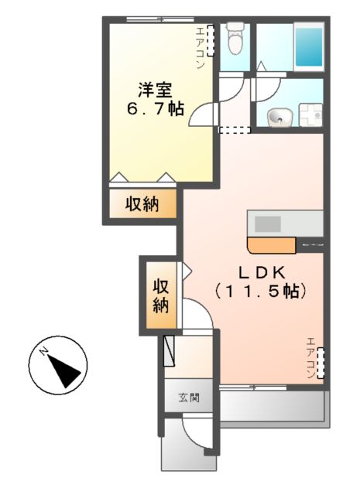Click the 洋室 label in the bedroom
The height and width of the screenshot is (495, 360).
156,89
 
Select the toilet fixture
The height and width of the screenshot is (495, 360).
235,39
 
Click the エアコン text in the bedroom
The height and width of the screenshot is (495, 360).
200,49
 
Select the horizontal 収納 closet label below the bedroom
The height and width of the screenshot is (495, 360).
142,204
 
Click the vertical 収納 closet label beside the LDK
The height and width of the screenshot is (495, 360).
160,295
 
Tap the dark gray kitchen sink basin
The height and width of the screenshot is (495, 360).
268,224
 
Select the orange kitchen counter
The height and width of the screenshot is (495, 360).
271,246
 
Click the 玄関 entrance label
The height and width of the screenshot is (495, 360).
189,399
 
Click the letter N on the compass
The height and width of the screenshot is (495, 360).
45,353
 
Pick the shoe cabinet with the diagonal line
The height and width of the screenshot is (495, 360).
170,352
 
